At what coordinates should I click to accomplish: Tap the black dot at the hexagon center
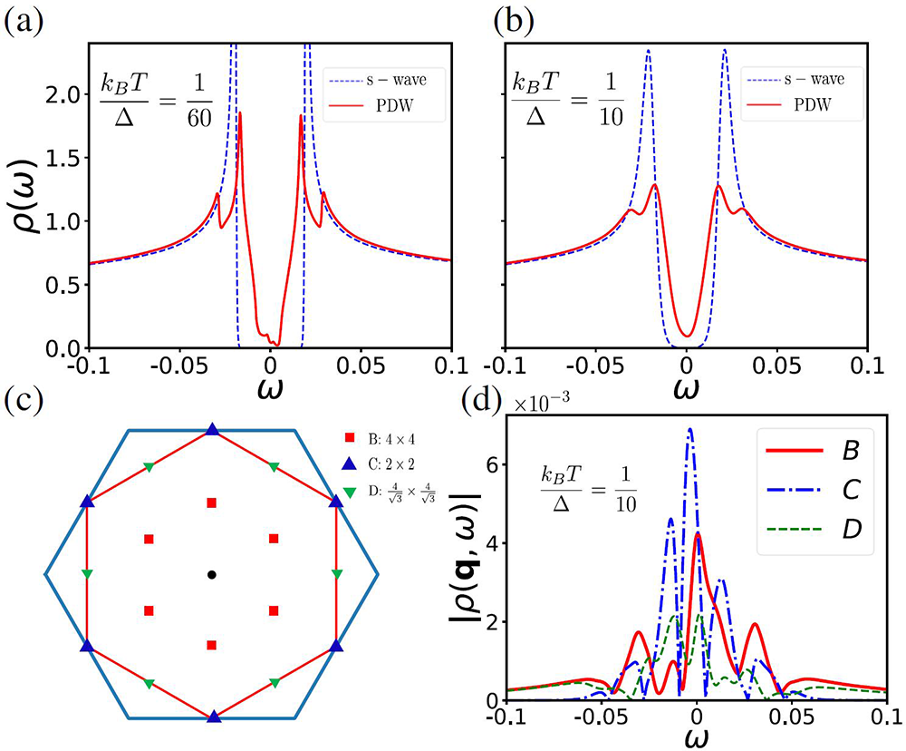tap(211, 574)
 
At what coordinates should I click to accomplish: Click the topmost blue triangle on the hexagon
tap(212, 429)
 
